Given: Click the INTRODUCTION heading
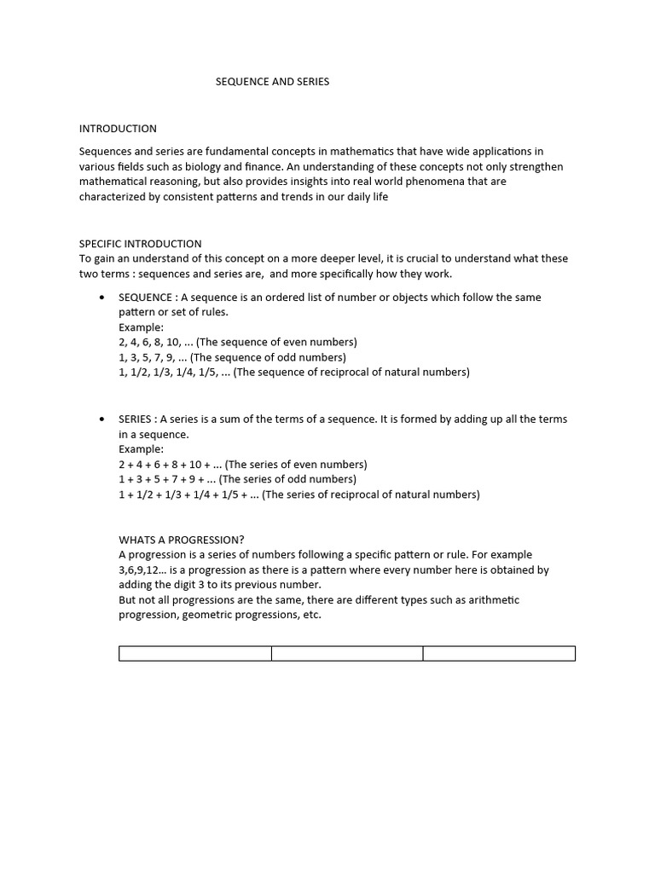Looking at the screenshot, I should pos(118,129).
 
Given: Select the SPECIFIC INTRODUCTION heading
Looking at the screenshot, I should pos(141,244).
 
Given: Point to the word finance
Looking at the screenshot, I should pos(292,167).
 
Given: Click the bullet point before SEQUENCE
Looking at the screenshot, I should pos(102,298).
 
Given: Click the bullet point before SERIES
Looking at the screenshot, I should pos(102,419).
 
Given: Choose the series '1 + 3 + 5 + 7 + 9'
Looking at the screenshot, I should pos(166,480).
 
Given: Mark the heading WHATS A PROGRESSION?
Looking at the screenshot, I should pos(182,540).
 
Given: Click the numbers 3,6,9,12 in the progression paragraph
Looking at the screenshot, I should pos(142,570).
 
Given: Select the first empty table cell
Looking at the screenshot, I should pos(195,654).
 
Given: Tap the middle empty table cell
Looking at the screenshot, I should pos(347,654).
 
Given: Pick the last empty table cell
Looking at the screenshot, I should pos(499,654).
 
